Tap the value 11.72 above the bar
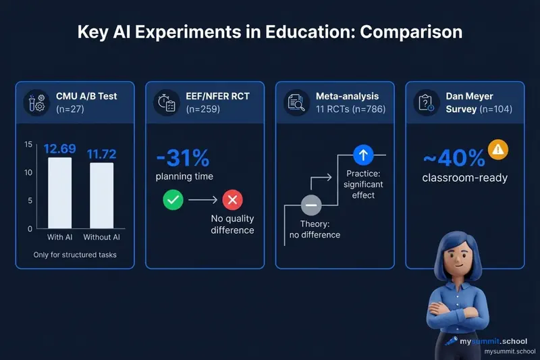(x=102, y=154)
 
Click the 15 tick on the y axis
(x=28, y=145)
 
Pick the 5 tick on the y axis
(x=30, y=201)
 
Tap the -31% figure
(x=182, y=159)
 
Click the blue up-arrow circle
(x=363, y=155)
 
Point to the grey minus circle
(x=311, y=205)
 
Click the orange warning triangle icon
(x=497, y=149)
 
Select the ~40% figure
(x=454, y=159)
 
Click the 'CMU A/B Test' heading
(x=86, y=96)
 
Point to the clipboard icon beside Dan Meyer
(x=426, y=102)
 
